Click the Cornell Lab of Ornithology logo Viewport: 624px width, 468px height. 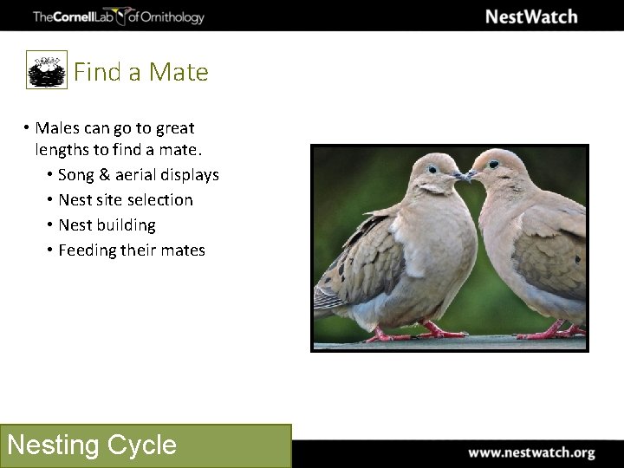point(118,16)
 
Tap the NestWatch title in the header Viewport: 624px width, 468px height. point(530,16)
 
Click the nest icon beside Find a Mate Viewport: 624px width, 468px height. point(47,70)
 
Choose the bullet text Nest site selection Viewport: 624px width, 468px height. point(126,200)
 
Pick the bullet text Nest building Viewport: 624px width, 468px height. point(107,225)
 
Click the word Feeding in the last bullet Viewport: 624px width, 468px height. point(87,250)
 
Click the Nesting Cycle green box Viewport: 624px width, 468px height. point(146,445)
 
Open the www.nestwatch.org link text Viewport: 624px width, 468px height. point(531,452)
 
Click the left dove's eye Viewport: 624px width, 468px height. point(432,166)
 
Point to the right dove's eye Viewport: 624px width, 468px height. point(493,163)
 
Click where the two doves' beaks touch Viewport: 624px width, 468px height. point(465,176)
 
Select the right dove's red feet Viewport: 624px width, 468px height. point(555,331)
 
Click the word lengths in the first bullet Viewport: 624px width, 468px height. point(63,150)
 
